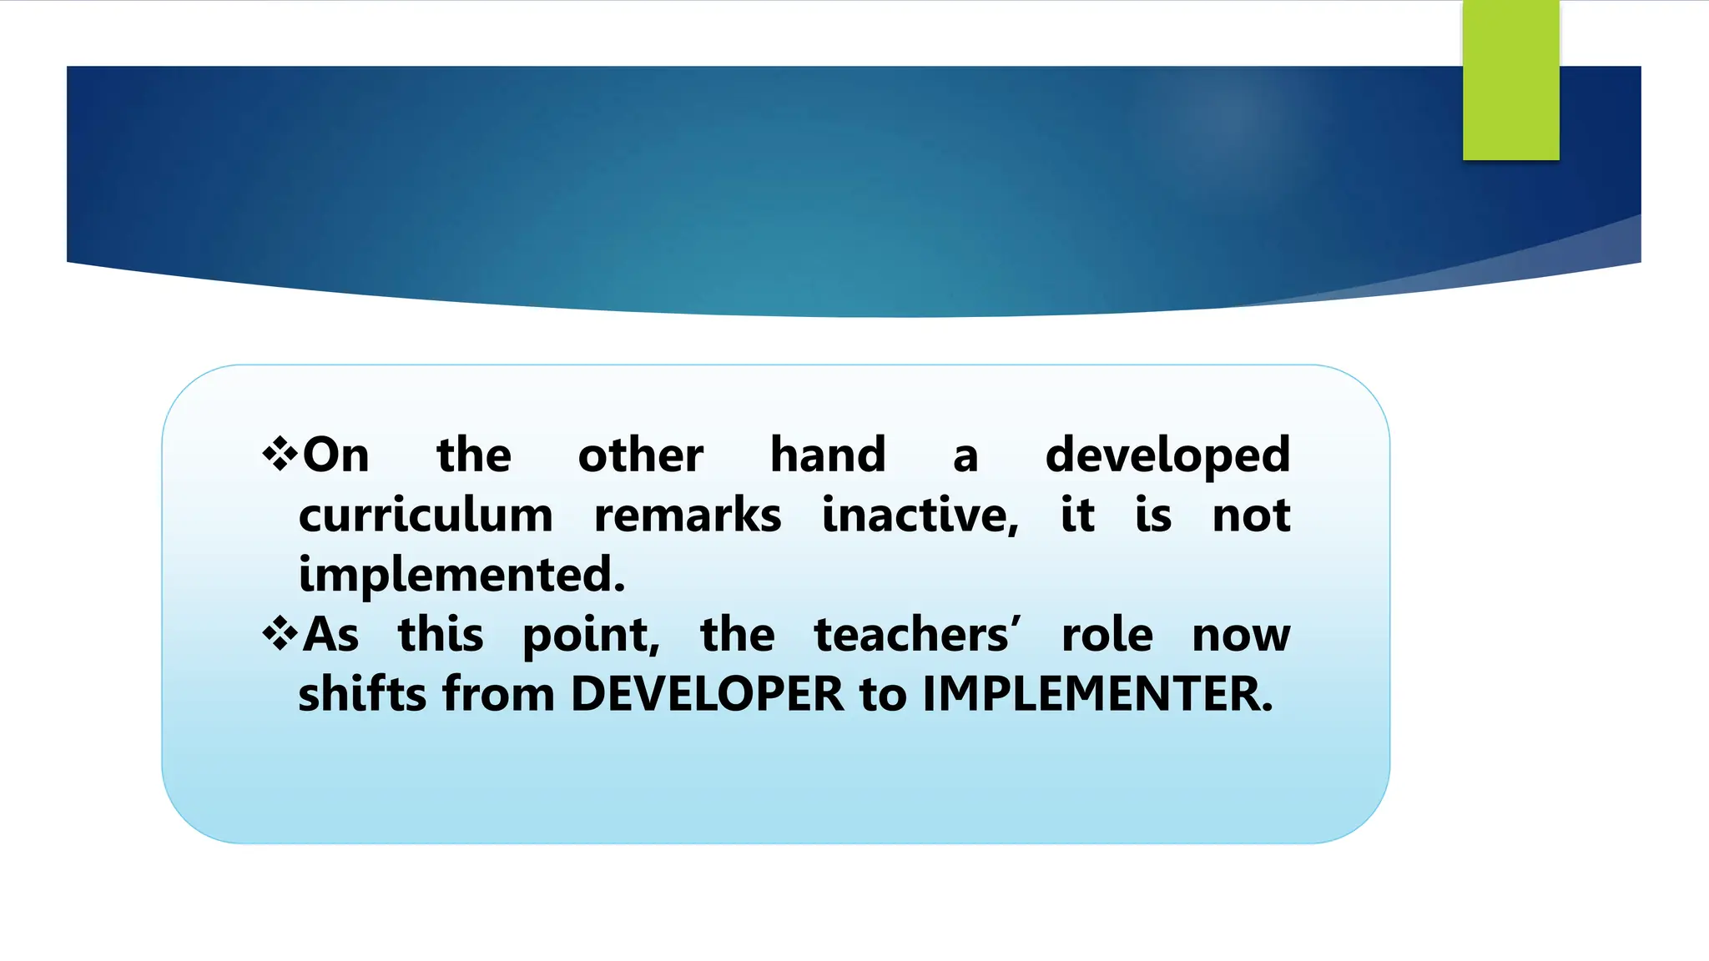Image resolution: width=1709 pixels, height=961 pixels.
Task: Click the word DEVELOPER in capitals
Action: pos(707,694)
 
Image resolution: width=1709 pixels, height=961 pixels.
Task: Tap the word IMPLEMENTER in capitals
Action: pos(1097,694)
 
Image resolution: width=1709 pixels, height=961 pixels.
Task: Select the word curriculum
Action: pos(426,516)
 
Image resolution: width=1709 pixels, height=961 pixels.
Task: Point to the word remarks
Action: pos(688,516)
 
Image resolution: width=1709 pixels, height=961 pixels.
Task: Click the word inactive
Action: pos(920,516)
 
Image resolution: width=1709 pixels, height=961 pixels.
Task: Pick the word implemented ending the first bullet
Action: pos(461,576)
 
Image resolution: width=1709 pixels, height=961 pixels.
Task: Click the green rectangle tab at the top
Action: pos(1510,80)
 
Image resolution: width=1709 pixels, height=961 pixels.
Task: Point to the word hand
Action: pos(827,455)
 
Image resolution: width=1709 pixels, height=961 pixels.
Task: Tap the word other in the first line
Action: pos(640,455)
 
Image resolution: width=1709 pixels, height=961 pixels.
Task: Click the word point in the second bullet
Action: pos(591,636)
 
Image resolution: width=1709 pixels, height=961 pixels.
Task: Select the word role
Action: pos(1107,635)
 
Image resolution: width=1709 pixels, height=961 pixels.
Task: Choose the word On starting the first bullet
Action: pos(335,455)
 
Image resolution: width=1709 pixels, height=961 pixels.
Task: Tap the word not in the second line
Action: pos(1251,516)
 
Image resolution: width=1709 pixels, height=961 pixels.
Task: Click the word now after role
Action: pos(1241,636)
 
